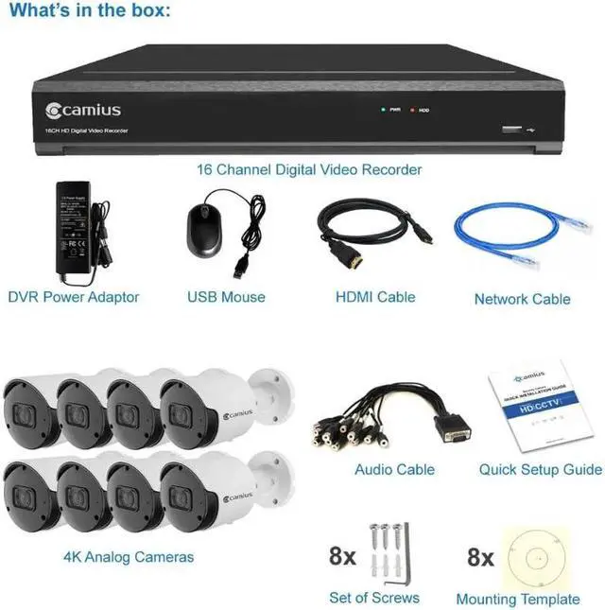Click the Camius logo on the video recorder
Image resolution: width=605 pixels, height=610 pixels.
click(82, 111)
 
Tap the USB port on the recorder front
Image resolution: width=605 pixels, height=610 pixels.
click(511, 129)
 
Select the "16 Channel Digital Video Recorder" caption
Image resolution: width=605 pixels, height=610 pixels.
click(309, 169)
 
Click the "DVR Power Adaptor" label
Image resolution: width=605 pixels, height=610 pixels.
click(74, 297)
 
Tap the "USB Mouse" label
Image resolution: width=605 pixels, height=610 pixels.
click(226, 297)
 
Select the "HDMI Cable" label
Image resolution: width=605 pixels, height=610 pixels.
click(375, 297)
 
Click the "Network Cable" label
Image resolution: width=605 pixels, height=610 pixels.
click(522, 299)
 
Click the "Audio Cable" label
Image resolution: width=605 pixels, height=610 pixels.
click(394, 469)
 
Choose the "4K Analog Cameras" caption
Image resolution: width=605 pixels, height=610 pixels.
click(129, 556)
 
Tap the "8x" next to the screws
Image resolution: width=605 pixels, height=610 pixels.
click(342, 555)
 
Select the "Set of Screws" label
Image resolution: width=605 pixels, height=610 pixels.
click(374, 597)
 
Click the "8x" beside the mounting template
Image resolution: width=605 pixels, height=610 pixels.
click(481, 556)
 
